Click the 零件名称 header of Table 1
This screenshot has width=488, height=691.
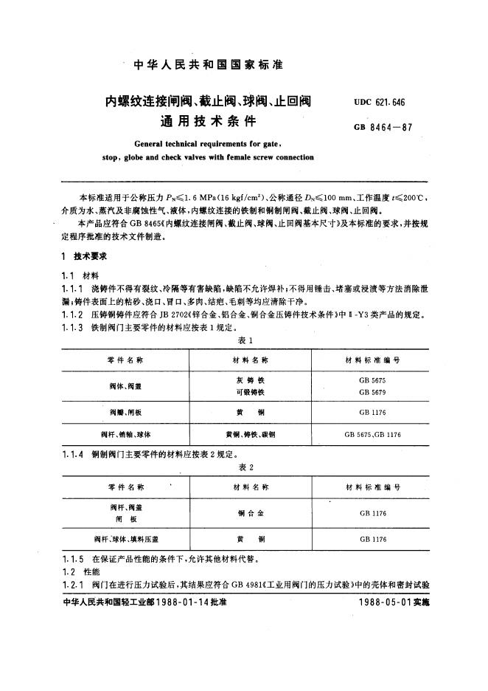[121, 360]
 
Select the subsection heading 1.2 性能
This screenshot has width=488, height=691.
[77, 572]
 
